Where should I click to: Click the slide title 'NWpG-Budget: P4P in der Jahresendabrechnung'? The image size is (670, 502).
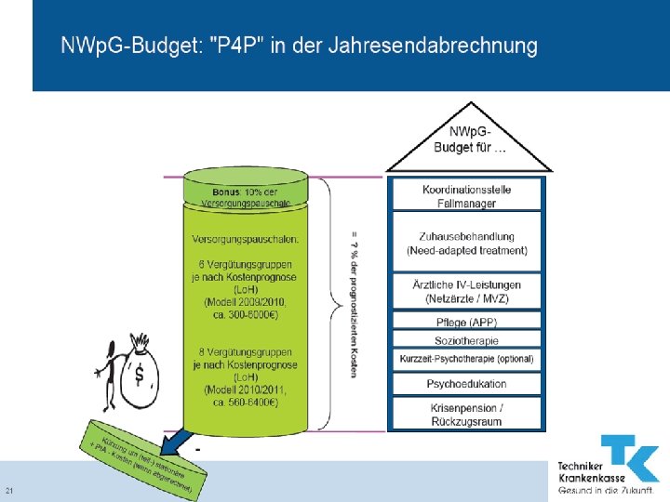[x=299, y=46]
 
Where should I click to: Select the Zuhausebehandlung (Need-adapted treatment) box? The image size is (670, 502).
[x=467, y=244]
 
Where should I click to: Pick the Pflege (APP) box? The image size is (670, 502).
[x=467, y=323]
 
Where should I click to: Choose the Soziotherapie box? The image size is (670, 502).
[x=467, y=341]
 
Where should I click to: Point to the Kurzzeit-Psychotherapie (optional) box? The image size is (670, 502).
[x=467, y=359]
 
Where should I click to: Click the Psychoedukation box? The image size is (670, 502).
[x=467, y=384]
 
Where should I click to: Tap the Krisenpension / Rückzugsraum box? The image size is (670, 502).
[x=467, y=415]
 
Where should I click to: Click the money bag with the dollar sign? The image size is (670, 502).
[x=141, y=372]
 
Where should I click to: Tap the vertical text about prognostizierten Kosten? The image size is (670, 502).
[x=355, y=302]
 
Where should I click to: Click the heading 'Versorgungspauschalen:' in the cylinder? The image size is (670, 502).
[x=246, y=239]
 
